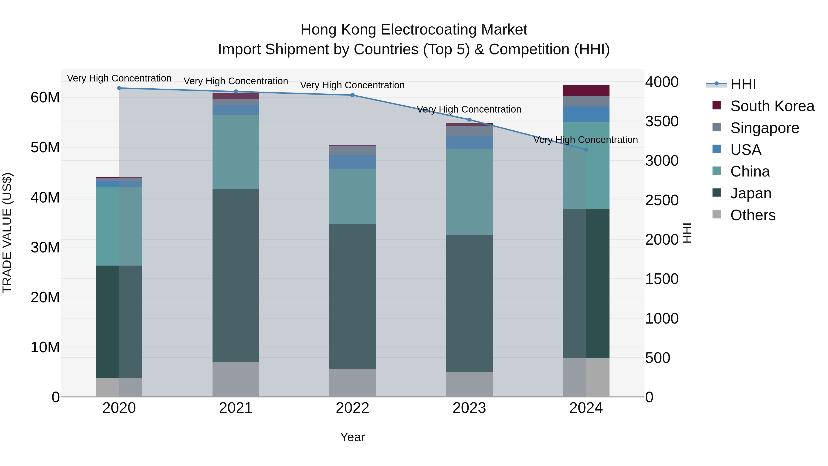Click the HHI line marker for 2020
tap(119, 88)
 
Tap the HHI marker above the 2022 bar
tap(352, 95)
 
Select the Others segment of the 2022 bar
tap(352, 382)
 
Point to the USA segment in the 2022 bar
tap(352, 162)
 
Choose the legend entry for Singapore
tap(764, 128)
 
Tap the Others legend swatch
tap(716, 214)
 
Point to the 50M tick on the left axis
tap(45, 147)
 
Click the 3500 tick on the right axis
tap(662, 122)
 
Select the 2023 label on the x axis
tap(469, 408)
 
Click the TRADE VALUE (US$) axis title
tap(7, 233)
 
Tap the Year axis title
tap(352, 437)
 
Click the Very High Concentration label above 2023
tap(469, 109)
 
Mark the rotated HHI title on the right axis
tap(687, 233)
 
